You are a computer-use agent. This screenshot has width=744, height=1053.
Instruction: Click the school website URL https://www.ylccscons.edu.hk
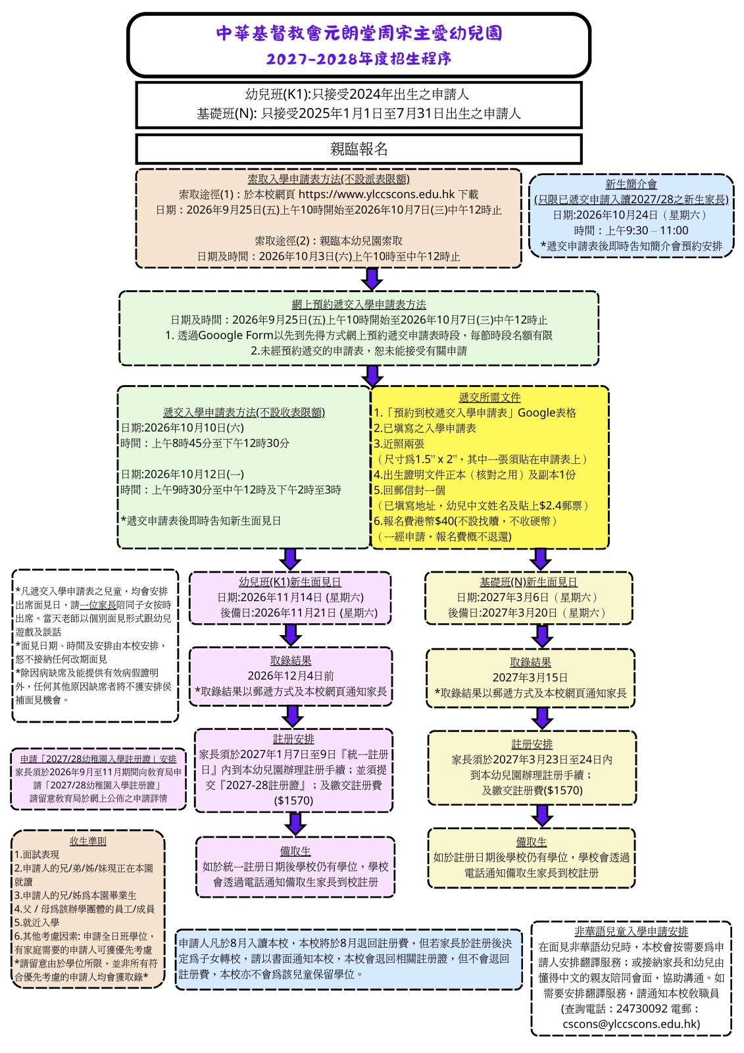(376, 194)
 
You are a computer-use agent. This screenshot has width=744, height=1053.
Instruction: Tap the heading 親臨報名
(359, 149)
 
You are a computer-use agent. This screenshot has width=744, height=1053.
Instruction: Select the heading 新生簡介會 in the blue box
(631, 184)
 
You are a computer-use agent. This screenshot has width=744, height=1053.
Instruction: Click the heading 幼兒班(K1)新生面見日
(290, 582)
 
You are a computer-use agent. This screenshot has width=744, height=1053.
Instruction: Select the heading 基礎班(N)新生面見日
(528, 582)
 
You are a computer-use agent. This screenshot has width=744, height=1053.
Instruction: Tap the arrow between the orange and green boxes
(372, 279)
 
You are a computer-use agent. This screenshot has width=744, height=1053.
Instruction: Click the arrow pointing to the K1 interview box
(290, 559)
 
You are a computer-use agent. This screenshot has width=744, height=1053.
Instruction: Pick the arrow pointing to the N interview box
(541, 559)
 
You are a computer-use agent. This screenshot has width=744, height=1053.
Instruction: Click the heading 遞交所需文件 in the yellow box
(489, 398)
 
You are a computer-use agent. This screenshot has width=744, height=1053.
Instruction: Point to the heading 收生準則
(88, 841)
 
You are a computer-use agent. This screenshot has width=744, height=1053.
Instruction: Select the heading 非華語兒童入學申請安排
(631, 931)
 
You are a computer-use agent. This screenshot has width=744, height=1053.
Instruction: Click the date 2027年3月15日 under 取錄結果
(530, 677)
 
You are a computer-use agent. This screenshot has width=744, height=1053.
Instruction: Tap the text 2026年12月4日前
(291, 675)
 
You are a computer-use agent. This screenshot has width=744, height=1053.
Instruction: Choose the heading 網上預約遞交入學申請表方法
(359, 304)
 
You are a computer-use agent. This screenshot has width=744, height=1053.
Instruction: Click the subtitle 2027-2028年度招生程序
(359, 59)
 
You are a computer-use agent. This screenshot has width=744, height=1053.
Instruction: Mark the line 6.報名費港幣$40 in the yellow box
(465, 521)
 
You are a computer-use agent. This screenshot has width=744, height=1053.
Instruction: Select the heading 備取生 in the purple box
(295, 851)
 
